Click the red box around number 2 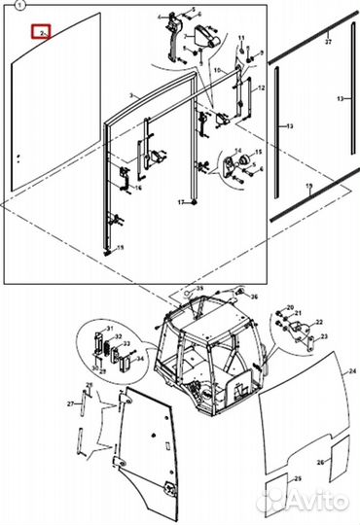tap(41, 31)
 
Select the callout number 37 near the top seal tap(329, 42)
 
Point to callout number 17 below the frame tap(181, 202)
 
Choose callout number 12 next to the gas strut tap(260, 88)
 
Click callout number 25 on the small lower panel tap(270, 480)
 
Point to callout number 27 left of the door tap(70, 403)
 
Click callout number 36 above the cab tap(253, 297)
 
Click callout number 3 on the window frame tap(131, 96)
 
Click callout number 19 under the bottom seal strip tap(309, 186)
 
